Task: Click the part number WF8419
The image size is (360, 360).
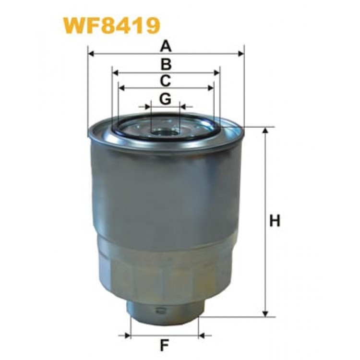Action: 111,25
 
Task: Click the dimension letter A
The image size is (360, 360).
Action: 166,47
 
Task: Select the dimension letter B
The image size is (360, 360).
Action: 166,64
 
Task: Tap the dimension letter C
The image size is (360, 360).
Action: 166,80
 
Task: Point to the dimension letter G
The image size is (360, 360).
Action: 166,98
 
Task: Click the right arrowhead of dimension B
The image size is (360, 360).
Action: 217,72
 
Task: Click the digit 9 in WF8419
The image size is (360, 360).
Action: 150,25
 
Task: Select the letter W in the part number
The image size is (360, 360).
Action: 73,25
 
